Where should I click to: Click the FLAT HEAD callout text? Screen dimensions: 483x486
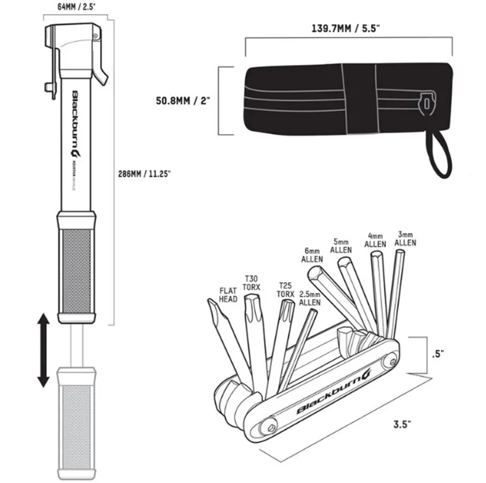[x=228, y=295]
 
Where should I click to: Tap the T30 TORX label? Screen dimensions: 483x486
[x=252, y=282]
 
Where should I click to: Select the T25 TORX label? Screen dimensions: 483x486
[x=286, y=289]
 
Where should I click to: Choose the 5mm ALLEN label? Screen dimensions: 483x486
[x=341, y=246]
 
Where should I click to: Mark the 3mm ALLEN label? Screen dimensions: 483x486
[x=405, y=238]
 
